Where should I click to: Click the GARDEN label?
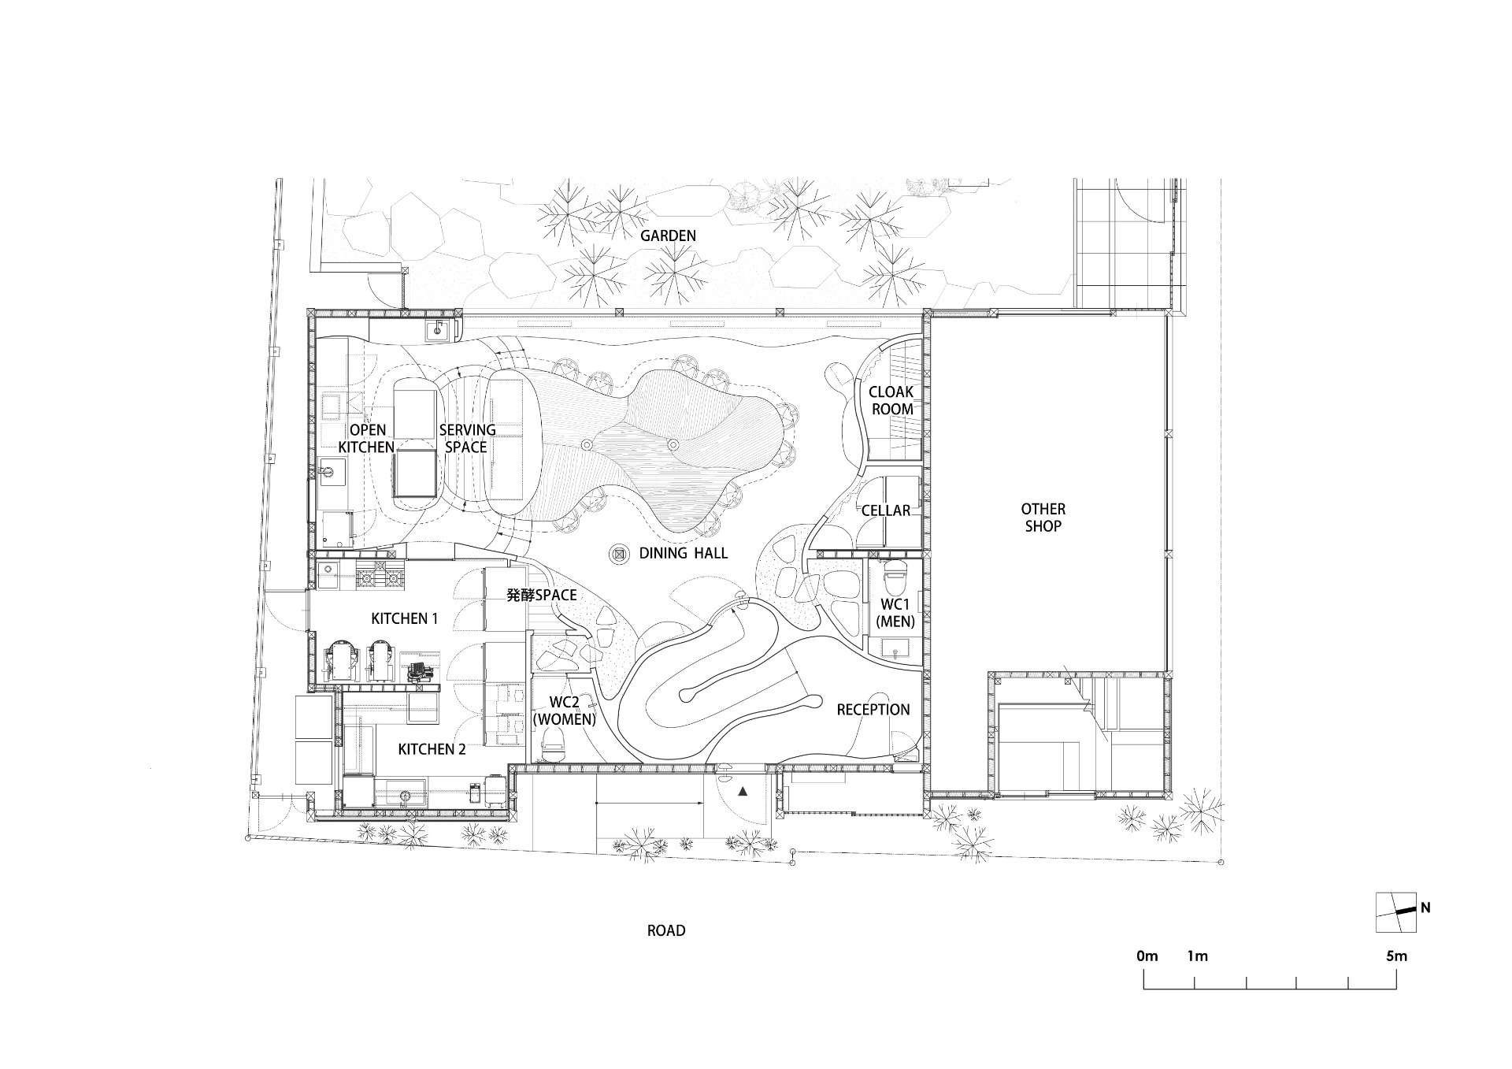click(x=668, y=236)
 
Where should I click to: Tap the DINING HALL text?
click(x=684, y=553)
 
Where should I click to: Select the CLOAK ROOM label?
click(x=891, y=400)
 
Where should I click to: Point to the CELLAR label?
click(x=886, y=510)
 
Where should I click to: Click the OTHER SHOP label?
click(x=1043, y=518)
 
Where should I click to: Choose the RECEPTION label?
click(x=873, y=710)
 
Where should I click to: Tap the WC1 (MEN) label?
click(x=897, y=613)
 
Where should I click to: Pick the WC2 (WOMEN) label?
click(x=565, y=711)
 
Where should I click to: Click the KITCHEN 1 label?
click(x=404, y=618)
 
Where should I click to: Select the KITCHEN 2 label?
click(x=432, y=749)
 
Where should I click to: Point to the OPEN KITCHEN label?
click(x=369, y=438)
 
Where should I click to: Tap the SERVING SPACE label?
click(x=467, y=438)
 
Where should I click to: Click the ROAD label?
click(x=666, y=930)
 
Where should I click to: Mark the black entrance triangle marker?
click(x=742, y=792)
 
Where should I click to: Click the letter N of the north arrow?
click(x=1425, y=908)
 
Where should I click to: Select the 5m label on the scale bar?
click(x=1396, y=956)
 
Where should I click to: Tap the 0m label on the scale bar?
click(x=1147, y=956)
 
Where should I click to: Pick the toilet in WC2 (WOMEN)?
click(x=554, y=743)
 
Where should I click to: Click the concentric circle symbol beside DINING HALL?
click(x=619, y=554)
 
